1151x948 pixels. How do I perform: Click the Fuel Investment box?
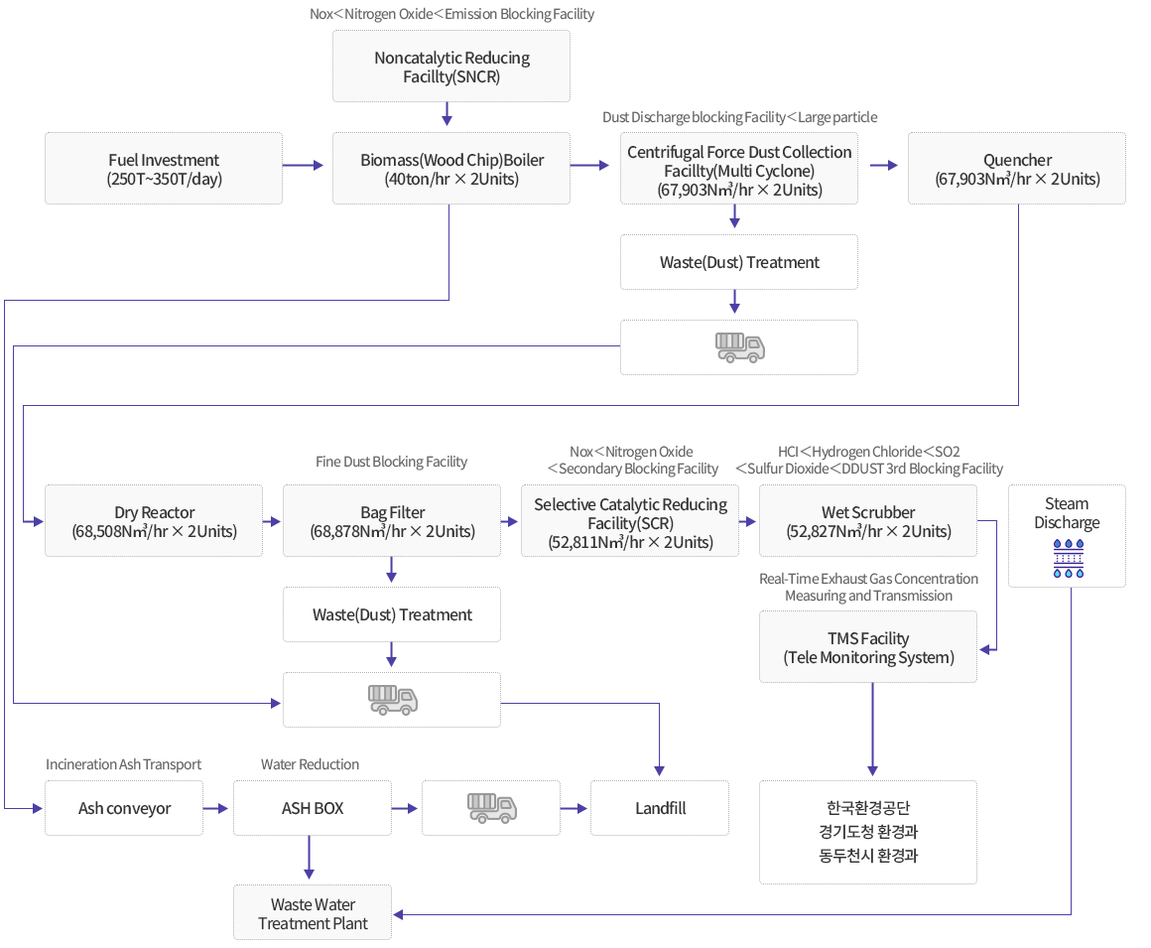click(x=164, y=168)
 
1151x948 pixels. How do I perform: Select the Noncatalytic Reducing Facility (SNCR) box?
click(x=451, y=67)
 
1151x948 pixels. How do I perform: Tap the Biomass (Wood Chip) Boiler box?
click(x=451, y=168)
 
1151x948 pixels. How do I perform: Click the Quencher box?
click(x=1017, y=168)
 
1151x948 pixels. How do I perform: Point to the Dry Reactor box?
click(x=154, y=520)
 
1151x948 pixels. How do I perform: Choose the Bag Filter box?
click(x=392, y=520)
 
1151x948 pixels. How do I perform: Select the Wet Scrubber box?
click(x=867, y=520)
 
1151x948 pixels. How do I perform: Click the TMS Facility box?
click(x=867, y=647)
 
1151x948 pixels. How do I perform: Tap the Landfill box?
click(x=660, y=808)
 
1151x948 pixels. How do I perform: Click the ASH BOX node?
click(x=313, y=808)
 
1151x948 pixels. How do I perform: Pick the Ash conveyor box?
click(x=124, y=808)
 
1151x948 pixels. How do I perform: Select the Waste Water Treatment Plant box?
click(x=313, y=912)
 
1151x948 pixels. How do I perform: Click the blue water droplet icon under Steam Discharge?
click(x=1068, y=558)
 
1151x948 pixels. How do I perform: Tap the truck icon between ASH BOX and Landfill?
click(x=492, y=808)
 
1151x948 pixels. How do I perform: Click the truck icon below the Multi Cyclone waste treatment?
click(x=740, y=347)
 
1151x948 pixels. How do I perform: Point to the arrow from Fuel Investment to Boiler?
click(x=304, y=165)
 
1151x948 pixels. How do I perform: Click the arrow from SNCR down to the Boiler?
click(x=447, y=114)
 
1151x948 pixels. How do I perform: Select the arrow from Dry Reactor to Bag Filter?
click(x=272, y=521)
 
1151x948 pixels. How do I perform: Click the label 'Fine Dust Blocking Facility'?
click(x=391, y=462)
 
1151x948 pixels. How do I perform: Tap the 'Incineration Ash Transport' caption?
click(x=123, y=764)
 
